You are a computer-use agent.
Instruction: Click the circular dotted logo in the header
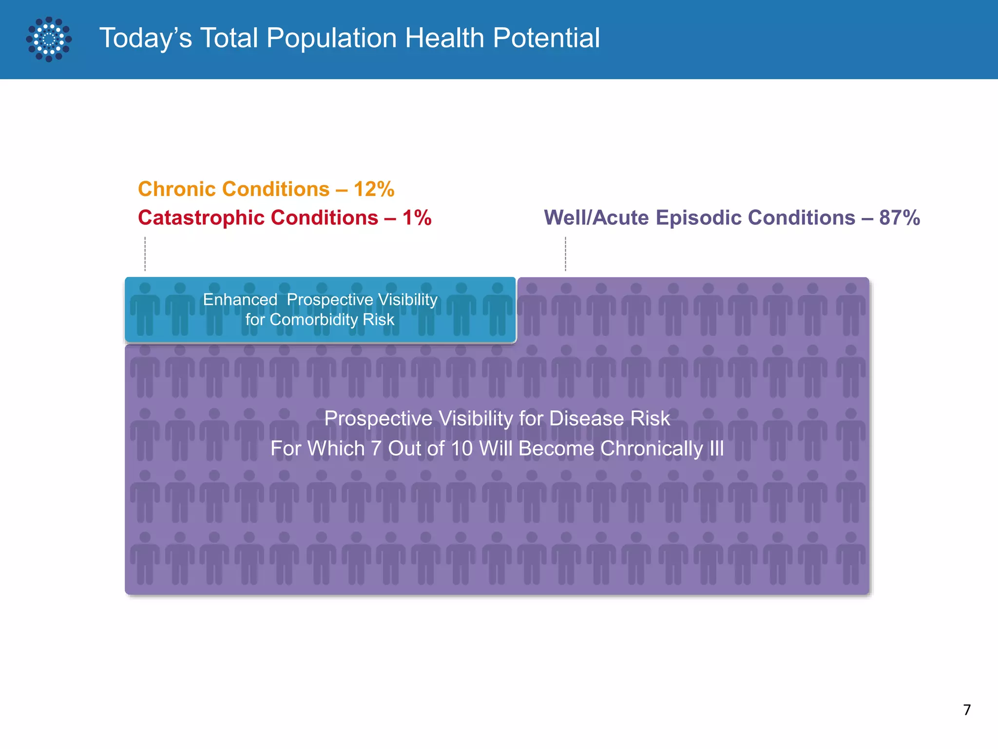click(49, 39)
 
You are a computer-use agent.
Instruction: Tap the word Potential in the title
click(546, 38)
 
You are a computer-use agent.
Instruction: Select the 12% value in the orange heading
click(374, 189)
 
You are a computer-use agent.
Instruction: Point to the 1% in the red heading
click(417, 217)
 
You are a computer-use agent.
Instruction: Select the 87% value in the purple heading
click(900, 217)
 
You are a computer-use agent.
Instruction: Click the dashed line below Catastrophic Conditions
click(145, 254)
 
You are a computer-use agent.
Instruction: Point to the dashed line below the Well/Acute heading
click(565, 254)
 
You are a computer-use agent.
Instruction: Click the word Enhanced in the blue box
click(240, 299)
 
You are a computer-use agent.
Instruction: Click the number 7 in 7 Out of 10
click(376, 449)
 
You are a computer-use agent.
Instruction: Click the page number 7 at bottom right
click(967, 710)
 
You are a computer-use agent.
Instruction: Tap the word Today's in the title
click(146, 38)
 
